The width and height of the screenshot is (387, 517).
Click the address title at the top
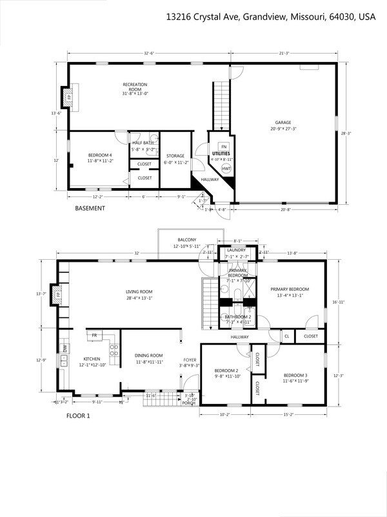tap(270, 15)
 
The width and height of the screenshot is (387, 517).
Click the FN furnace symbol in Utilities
tap(223, 146)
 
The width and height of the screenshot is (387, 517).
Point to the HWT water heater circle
tap(226, 168)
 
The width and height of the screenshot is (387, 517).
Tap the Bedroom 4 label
tap(101, 158)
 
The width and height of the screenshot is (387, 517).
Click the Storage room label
tap(175, 156)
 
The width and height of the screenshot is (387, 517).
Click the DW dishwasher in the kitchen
tap(64, 348)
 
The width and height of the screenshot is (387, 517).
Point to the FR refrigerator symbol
tap(95, 335)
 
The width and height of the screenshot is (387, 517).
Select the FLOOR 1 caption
tap(79, 416)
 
